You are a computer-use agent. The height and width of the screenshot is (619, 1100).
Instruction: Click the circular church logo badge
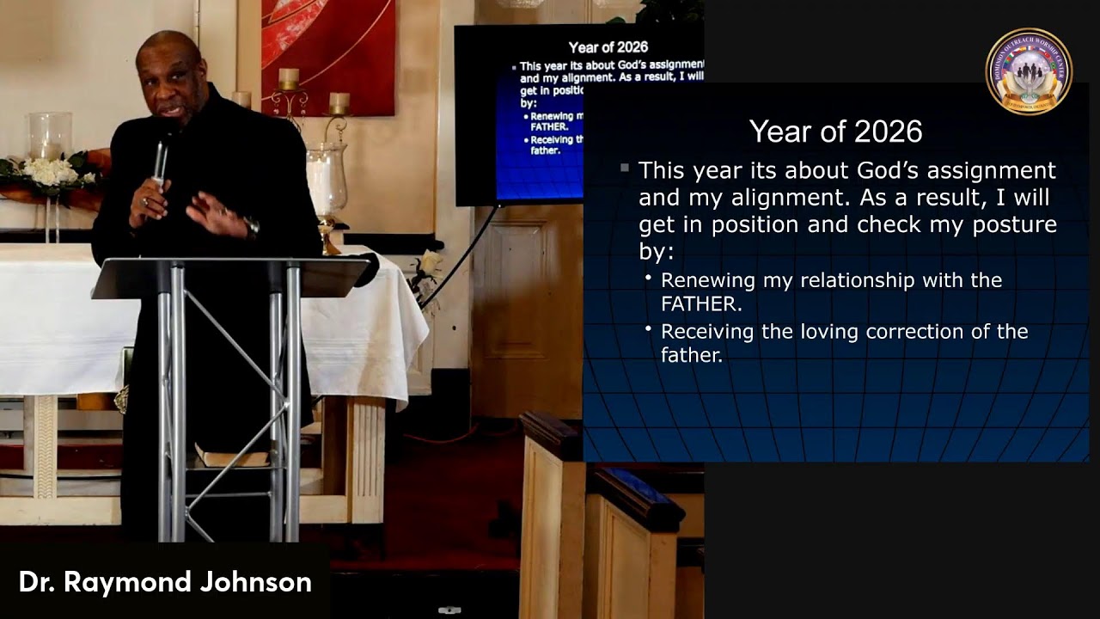1028,71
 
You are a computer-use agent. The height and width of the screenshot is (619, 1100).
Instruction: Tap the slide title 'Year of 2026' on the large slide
835,132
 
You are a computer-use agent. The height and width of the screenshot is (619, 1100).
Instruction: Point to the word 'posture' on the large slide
1013,224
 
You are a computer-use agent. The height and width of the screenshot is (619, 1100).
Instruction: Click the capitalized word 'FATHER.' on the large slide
701,303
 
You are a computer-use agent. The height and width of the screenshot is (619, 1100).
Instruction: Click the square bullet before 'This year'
625,168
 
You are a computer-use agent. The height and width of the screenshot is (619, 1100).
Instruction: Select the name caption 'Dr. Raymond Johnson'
165,582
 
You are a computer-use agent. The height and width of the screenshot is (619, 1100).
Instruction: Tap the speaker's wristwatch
252,227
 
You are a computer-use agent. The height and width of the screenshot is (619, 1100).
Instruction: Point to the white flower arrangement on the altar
51,171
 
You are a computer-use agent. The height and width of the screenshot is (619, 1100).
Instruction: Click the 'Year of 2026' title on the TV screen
608,47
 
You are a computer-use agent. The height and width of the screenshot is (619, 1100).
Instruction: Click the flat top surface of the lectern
232,275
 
